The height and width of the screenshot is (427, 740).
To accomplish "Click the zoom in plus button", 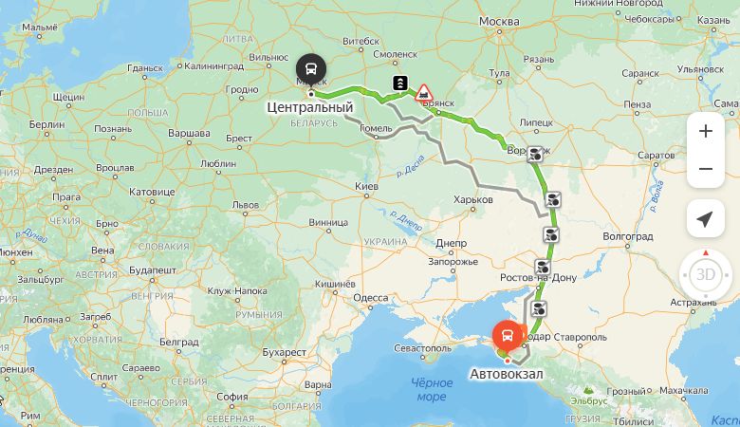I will click(x=705, y=131).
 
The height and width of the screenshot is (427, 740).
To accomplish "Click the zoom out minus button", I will click(x=705, y=169).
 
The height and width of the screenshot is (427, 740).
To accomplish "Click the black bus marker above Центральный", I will click(x=310, y=69).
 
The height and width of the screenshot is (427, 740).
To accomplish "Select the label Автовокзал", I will click(x=507, y=374).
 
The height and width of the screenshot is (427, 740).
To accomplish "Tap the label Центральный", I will click(x=310, y=107).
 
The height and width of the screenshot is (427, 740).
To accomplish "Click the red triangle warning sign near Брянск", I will click(x=424, y=93).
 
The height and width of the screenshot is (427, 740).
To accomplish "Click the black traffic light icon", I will click(x=401, y=84).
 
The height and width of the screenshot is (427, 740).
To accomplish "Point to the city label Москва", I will click(x=499, y=21).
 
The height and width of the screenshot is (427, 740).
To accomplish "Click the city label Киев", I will click(x=366, y=186).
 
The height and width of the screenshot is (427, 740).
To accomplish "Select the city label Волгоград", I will click(x=628, y=234).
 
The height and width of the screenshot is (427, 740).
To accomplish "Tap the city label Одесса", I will click(x=371, y=298).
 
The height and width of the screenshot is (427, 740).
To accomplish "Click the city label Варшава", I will click(x=189, y=132).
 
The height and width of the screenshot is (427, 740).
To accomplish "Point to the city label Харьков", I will click(x=473, y=200).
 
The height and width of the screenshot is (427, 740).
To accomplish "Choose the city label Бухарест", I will click(x=286, y=352).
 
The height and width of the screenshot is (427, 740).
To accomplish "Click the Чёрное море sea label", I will click(x=431, y=389).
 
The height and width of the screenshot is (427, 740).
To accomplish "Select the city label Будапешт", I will click(x=153, y=270).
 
